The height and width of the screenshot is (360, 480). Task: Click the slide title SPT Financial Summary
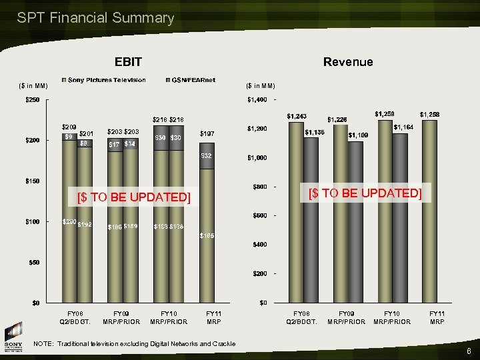coord(95,18)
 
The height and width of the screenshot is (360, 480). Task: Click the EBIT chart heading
coord(128,62)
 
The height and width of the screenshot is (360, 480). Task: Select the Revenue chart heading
coord(348,62)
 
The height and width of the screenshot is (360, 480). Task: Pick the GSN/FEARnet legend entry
coord(193,80)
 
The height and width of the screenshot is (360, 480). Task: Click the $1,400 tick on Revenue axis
coord(257,99)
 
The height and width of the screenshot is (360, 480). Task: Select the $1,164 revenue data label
coord(404,127)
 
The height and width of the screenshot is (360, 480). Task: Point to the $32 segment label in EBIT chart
coord(207,156)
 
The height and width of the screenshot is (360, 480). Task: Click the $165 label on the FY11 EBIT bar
coord(207,235)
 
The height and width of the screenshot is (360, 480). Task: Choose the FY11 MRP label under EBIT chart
coord(214,317)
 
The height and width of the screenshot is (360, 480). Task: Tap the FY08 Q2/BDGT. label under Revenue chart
coord(303,317)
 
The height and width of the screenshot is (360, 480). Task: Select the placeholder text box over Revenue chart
coord(364,193)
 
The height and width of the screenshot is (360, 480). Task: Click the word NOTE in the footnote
coord(43,343)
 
